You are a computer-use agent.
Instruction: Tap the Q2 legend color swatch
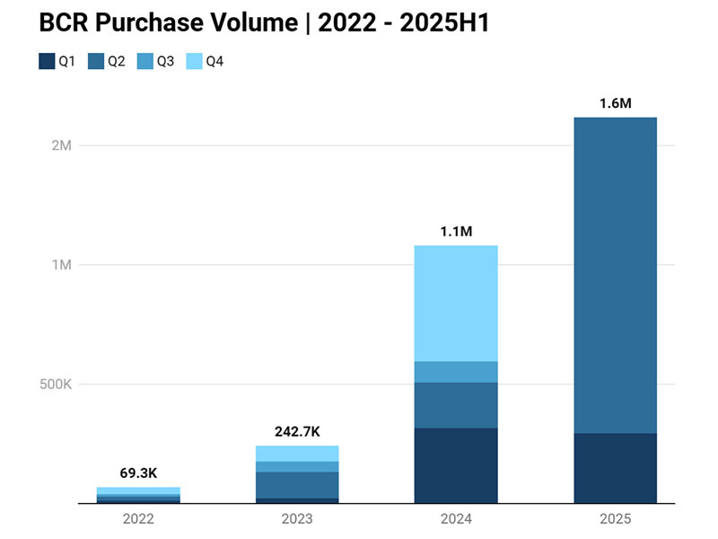point(96,62)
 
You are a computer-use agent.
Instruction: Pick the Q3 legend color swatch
point(145,62)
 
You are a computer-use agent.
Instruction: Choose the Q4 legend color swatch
point(194,62)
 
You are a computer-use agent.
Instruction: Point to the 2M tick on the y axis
point(60,146)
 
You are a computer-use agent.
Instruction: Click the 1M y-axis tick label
point(60,265)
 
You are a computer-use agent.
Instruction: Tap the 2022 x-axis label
point(138,519)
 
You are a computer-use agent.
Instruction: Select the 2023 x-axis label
point(297,519)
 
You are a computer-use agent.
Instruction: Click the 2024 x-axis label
point(456,519)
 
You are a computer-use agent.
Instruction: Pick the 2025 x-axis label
point(615,519)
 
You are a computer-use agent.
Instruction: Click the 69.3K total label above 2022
point(138,473)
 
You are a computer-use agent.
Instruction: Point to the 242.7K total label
point(297,431)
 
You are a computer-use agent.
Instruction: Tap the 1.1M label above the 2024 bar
point(456,231)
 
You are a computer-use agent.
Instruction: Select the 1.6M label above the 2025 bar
point(615,103)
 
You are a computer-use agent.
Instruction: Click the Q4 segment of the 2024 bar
point(456,303)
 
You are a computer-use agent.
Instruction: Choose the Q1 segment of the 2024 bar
point(456,465)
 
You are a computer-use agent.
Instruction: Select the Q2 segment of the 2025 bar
point(615,275)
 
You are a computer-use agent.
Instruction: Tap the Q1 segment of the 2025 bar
point(615,468)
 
